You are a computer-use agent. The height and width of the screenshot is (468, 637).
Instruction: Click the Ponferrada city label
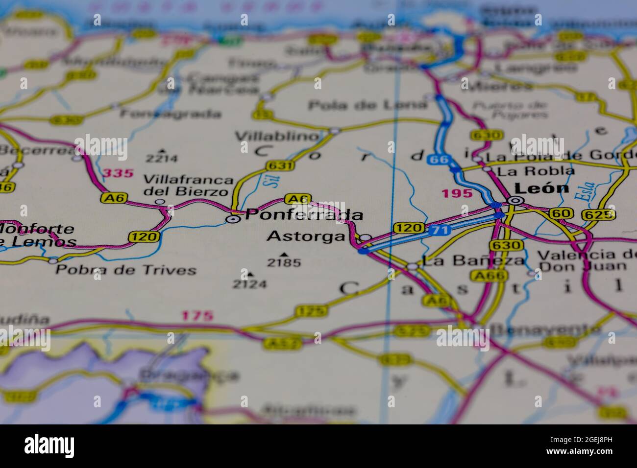coord(304,214)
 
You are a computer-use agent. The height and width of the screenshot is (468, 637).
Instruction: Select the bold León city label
coord(541,188)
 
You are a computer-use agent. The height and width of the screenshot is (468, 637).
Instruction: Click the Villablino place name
coord(277,136)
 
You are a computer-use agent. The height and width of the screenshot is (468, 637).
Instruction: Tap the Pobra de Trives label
coord(126,270)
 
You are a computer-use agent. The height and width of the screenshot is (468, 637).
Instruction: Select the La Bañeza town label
coord(473,260)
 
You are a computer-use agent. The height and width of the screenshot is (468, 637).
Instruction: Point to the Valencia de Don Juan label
coord(583,260)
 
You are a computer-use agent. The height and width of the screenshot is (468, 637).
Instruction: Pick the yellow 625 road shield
coord(598,214)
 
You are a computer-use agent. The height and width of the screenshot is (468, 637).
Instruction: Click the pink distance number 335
coord(118,173)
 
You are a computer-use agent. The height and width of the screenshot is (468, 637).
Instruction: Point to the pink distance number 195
coord(457,193)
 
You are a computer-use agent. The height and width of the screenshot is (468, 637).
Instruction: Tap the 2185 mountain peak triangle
coord(284,255)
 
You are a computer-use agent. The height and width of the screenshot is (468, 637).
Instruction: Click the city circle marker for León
coord(515,200)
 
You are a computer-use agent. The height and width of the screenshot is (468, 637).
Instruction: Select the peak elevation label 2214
coord(162,158)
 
